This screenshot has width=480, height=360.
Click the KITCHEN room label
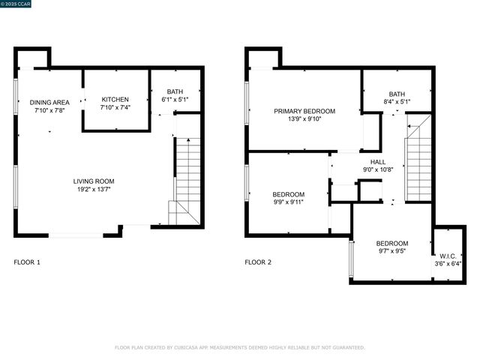115,100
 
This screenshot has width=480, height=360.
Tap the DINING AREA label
49,102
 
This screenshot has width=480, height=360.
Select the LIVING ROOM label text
94,181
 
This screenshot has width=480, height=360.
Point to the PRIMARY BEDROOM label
304,111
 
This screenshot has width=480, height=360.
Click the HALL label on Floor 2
378,162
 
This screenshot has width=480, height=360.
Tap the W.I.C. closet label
448,255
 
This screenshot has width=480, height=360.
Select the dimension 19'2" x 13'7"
94,190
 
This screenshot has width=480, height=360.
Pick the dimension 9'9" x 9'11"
289,202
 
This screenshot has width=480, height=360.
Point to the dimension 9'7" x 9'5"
391,252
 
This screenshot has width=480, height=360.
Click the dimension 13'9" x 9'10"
304,119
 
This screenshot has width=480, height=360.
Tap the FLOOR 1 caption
28,262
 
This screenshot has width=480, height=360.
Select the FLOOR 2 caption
258,262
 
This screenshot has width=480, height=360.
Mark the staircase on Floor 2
418,157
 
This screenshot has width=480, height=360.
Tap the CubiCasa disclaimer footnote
239,347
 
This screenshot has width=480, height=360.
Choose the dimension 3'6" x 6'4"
448,263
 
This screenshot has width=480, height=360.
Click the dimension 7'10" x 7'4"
115,108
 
